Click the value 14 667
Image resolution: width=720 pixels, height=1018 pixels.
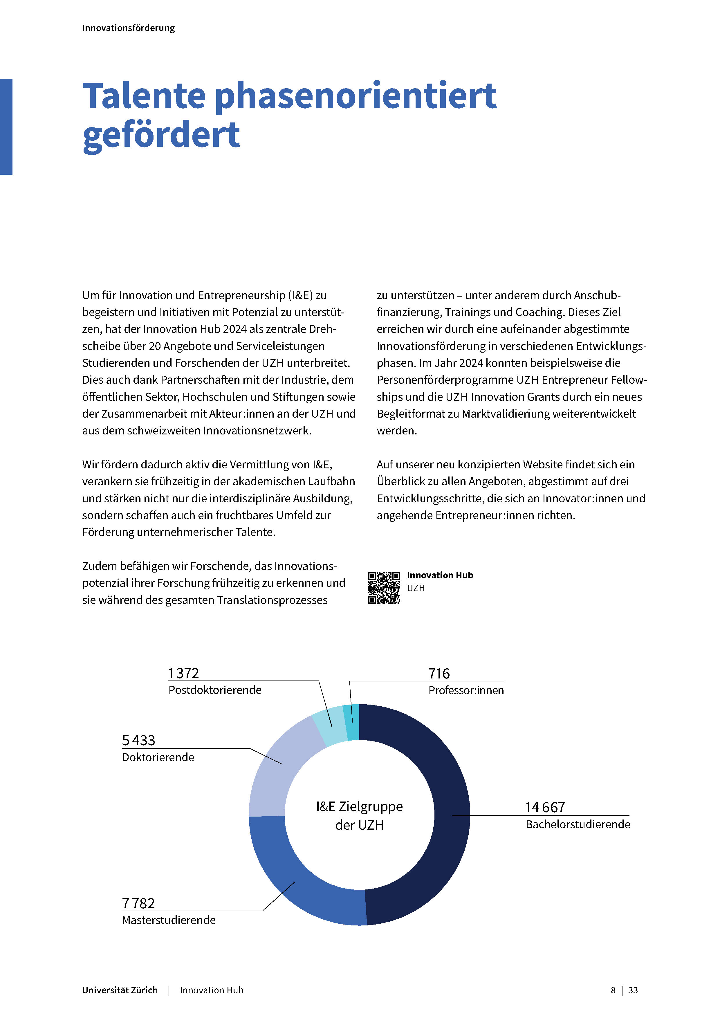point(545,807)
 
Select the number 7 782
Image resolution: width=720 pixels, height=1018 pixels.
point(138,903)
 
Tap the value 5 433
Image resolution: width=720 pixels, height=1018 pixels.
point(138,740)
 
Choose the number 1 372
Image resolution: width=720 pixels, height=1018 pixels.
point(183,673)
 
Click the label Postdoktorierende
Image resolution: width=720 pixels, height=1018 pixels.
point(215,690)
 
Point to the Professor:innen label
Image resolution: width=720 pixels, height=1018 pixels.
point(466,690)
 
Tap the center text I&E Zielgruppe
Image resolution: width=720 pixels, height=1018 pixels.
point(359,806)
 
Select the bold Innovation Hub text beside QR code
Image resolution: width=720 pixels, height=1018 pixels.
point(440,575)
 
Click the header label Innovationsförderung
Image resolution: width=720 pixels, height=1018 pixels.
point(129,28)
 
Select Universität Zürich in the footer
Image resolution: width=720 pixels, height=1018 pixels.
point(120,990)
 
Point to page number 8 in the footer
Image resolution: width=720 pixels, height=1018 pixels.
point(613,990)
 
